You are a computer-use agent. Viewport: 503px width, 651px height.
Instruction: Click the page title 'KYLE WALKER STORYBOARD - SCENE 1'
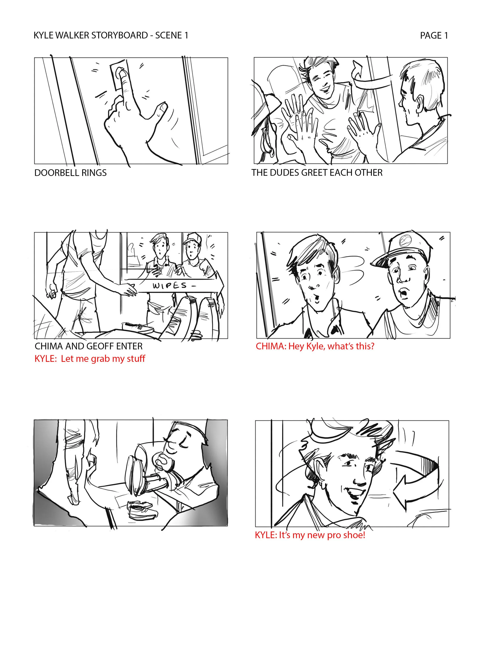point(111,35)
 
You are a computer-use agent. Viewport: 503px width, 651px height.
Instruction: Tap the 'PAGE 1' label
point(434,35)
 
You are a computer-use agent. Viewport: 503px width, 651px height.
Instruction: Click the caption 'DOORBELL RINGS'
point(70,173)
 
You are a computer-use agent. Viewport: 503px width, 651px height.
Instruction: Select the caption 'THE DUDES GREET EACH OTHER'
point(317,173)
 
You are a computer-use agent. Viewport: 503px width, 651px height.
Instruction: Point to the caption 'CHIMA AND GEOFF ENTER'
point(89,346)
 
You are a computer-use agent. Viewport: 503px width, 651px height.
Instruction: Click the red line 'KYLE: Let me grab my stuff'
point(90,359)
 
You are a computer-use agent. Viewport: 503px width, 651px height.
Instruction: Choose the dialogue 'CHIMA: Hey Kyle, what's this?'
point(315,346)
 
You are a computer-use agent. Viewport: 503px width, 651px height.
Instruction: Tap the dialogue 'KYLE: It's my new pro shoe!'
point(310,535)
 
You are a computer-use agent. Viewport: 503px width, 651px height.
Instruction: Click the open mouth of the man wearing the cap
point(403,294)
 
